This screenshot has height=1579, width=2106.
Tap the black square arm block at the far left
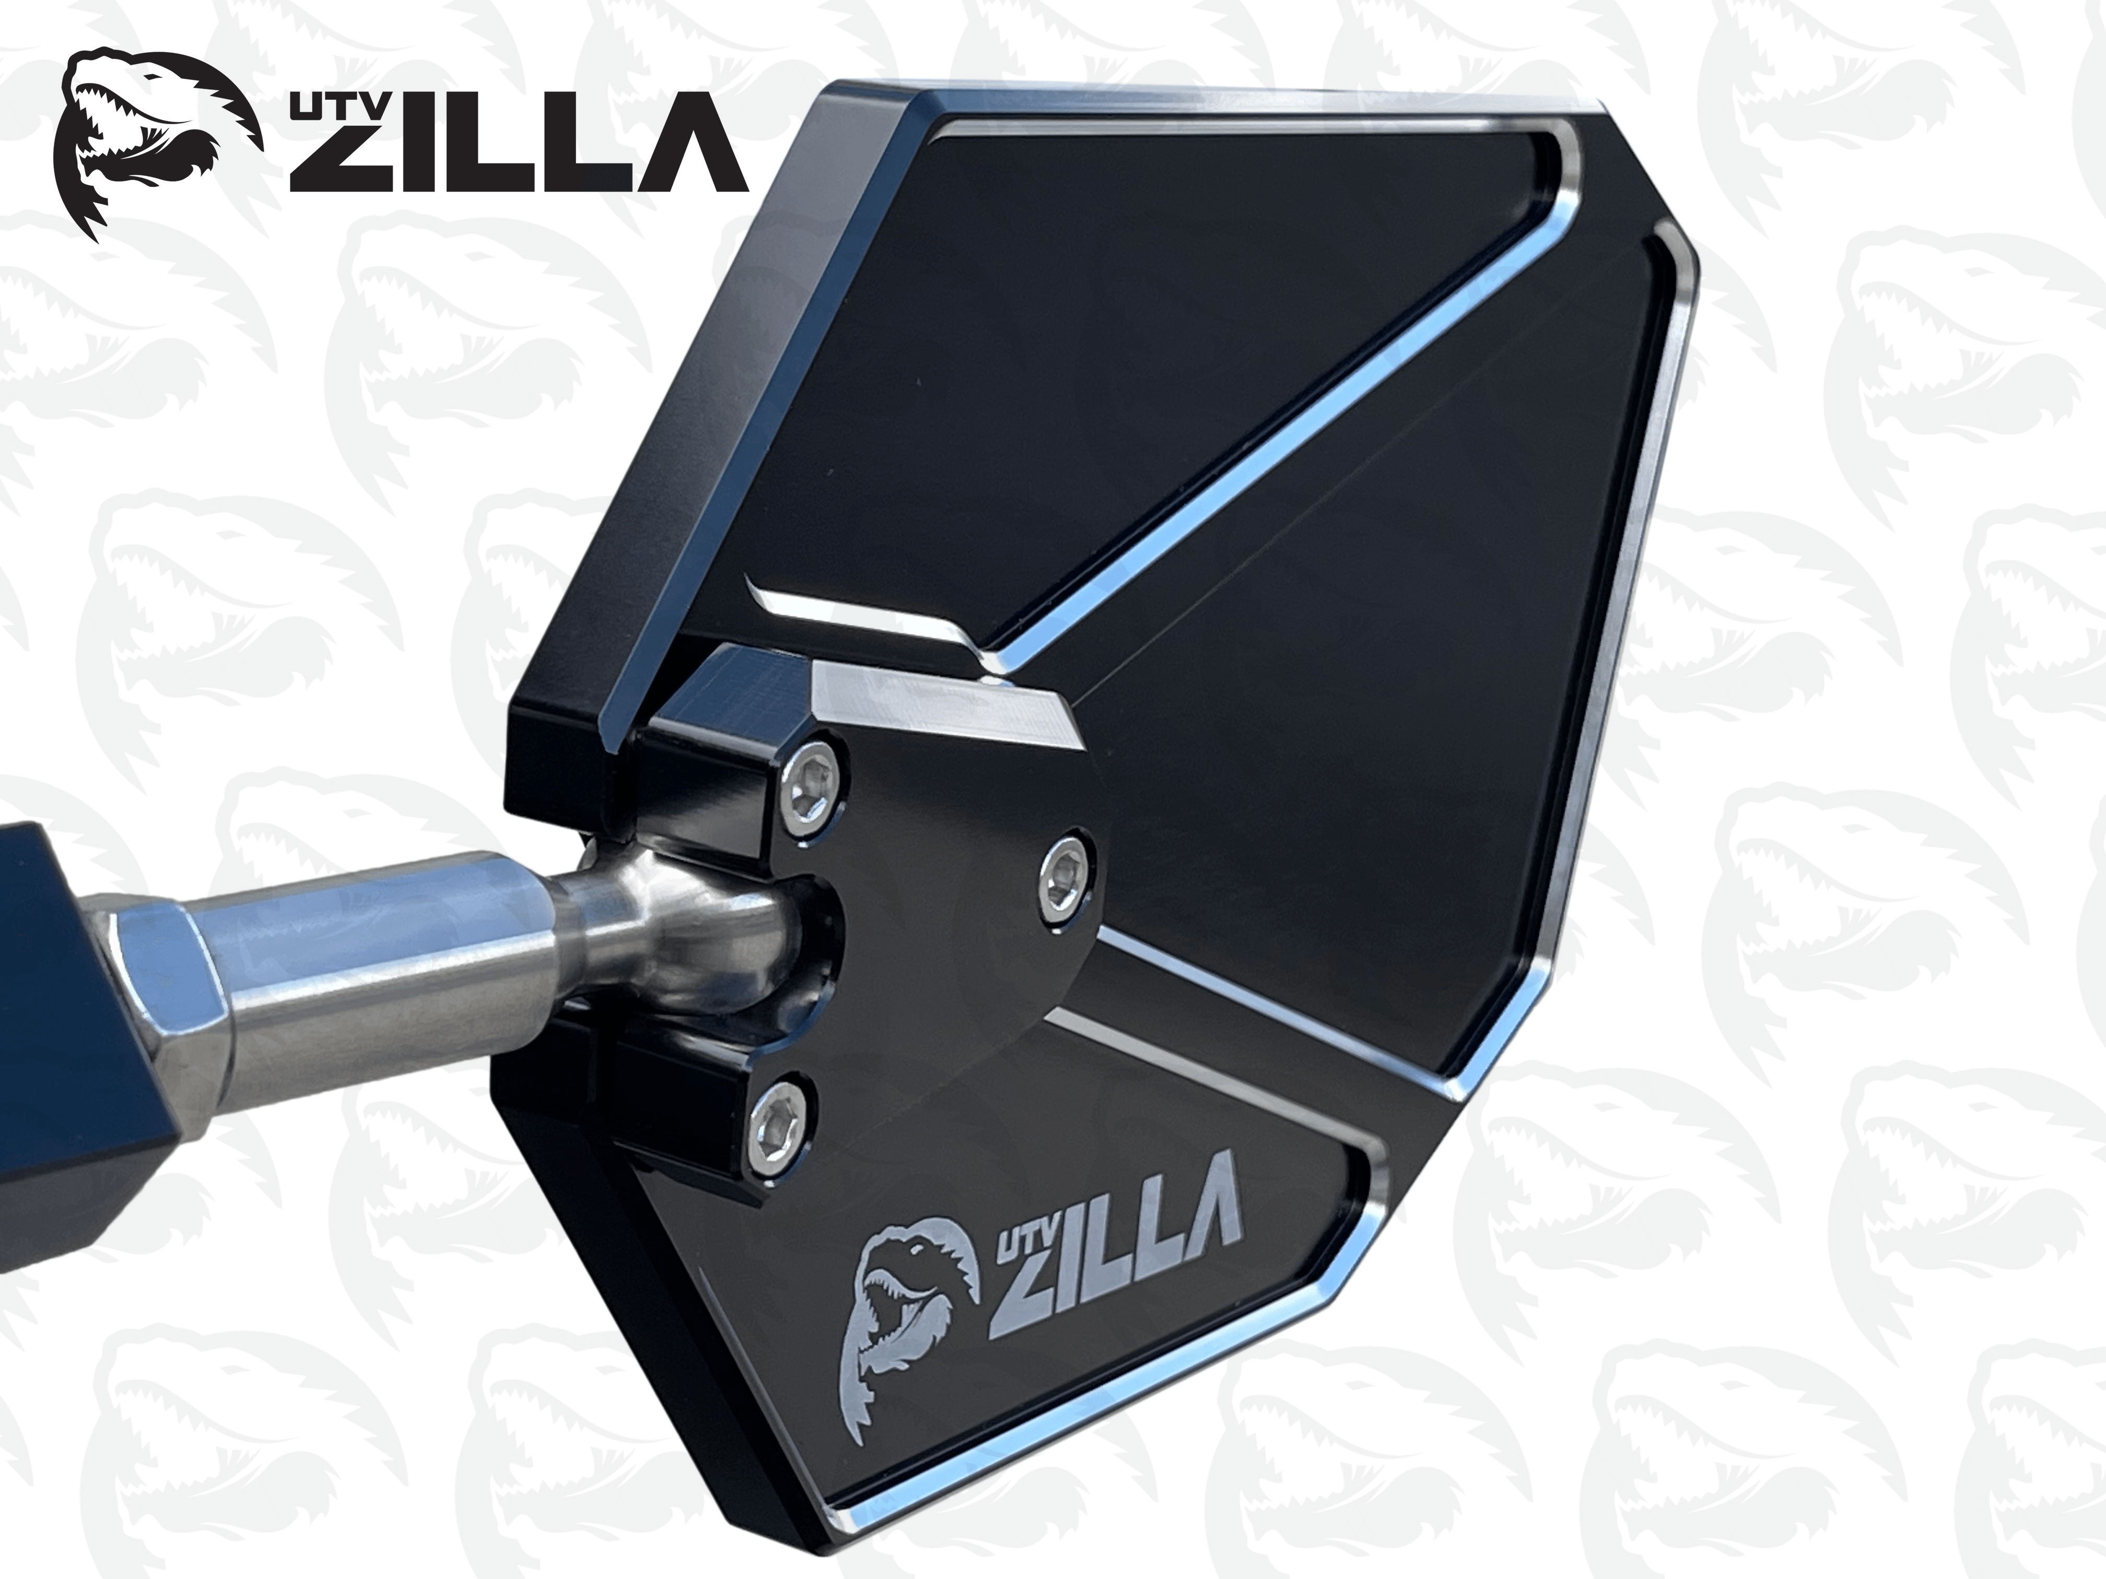(57, 990)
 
